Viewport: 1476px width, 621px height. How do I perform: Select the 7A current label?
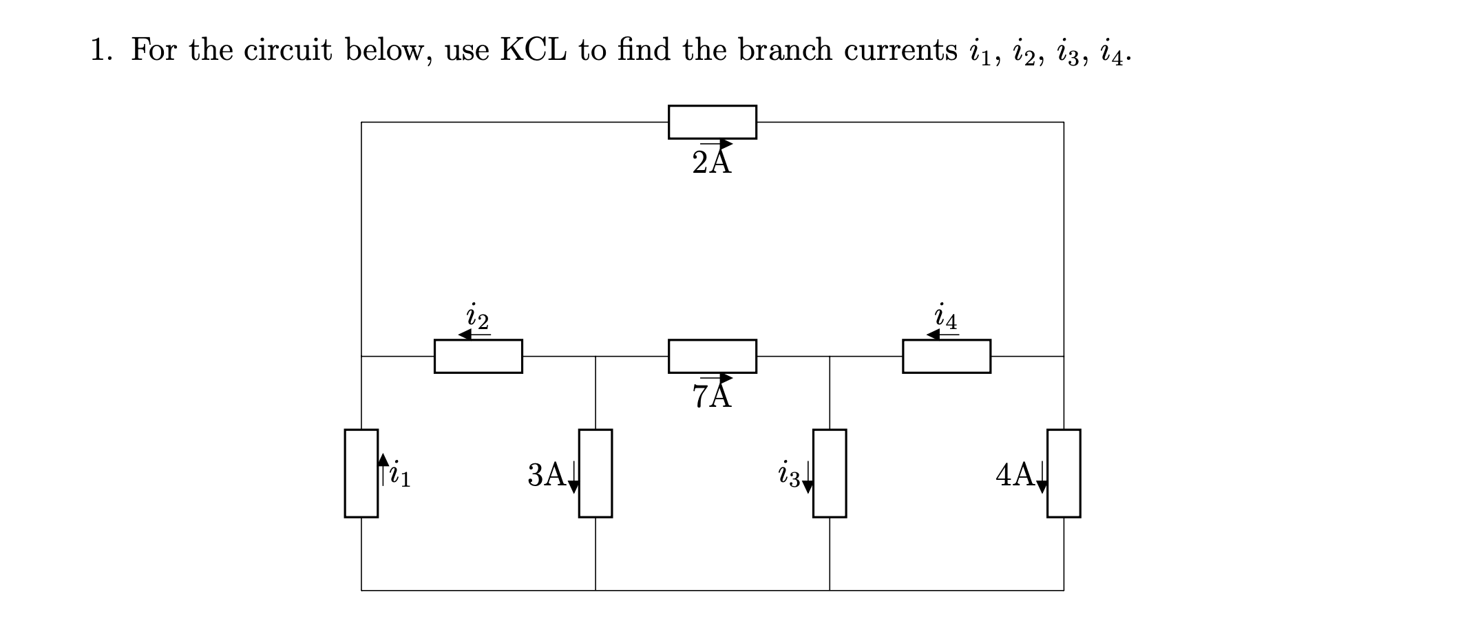pos(712,396)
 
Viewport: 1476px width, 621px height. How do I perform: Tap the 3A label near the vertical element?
pos(547,474)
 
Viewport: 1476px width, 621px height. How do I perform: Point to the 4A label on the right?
pos(1015,474)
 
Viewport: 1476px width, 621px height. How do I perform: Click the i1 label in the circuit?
pos(400,474)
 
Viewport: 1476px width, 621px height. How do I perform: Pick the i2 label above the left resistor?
pos(478,316)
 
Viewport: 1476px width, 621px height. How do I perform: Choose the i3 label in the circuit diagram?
pos(789,474)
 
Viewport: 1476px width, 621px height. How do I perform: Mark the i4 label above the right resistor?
pos(946,316)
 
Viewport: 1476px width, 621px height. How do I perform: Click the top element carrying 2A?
pos(712,122)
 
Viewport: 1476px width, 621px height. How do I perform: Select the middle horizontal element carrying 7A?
pos(712,356)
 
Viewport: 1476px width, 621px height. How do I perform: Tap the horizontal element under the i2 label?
pos(478,356)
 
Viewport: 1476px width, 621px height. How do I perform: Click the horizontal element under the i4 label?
pos(946,356)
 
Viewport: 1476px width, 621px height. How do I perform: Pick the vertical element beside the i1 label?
pos(361,473)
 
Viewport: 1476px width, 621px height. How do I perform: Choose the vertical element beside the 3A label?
pos(595,473)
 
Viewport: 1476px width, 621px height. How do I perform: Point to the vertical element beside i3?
pos(830,473)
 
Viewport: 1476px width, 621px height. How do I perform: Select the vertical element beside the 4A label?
pos(1064,473)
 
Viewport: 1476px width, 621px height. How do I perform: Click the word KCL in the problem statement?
pos(534,50)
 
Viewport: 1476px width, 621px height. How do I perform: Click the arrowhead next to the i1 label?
pos(383,459)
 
